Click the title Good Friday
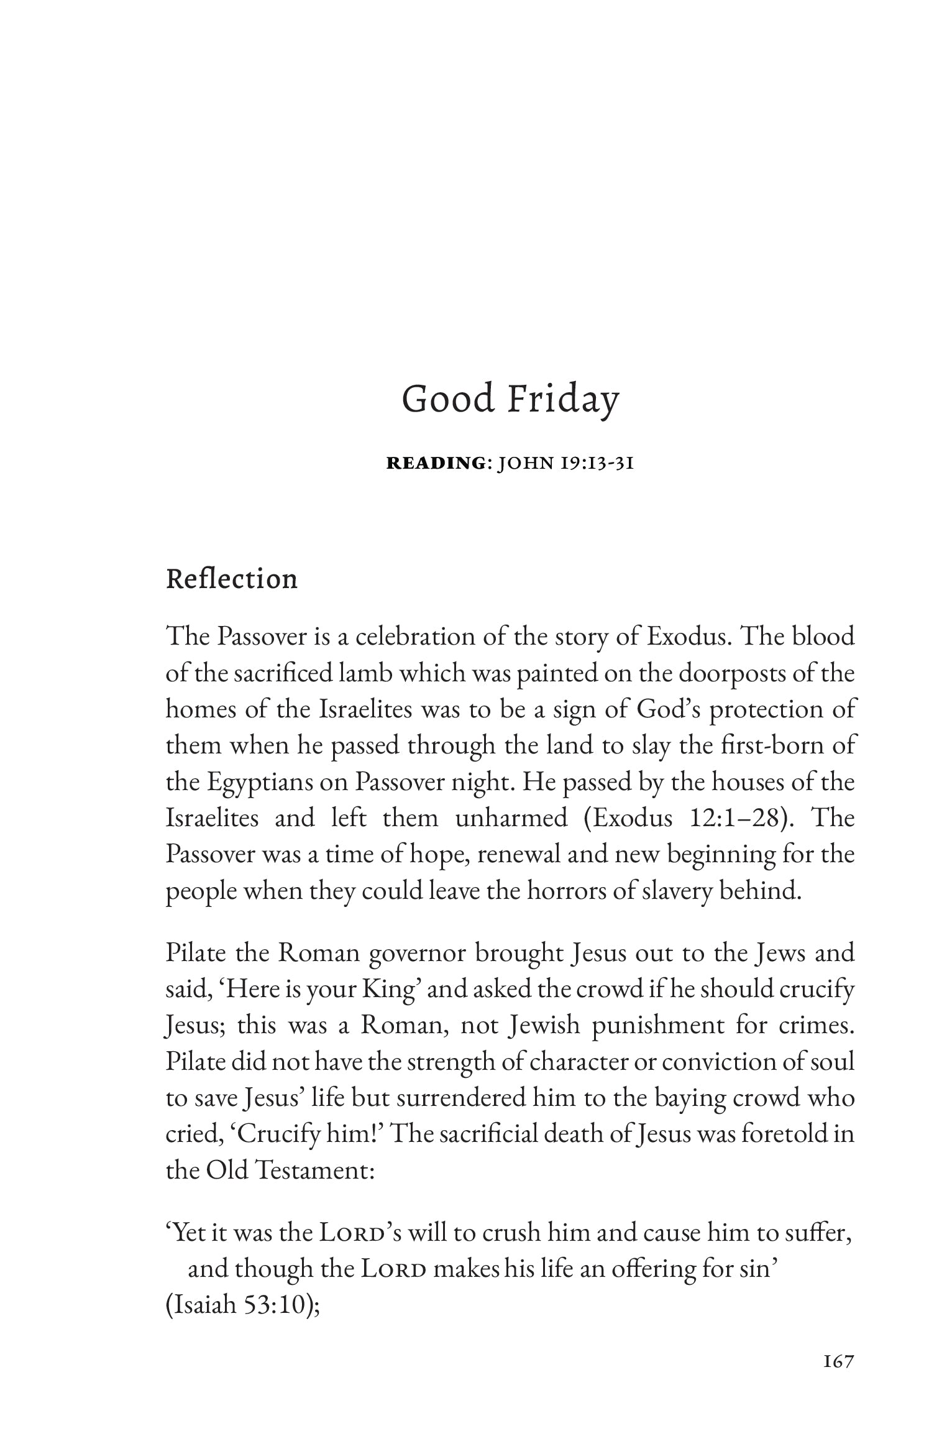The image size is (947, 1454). pos(510,400)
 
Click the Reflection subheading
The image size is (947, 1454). pos(231,579)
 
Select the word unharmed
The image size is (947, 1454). pos(511,817)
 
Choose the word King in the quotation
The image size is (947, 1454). pos(388,989)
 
